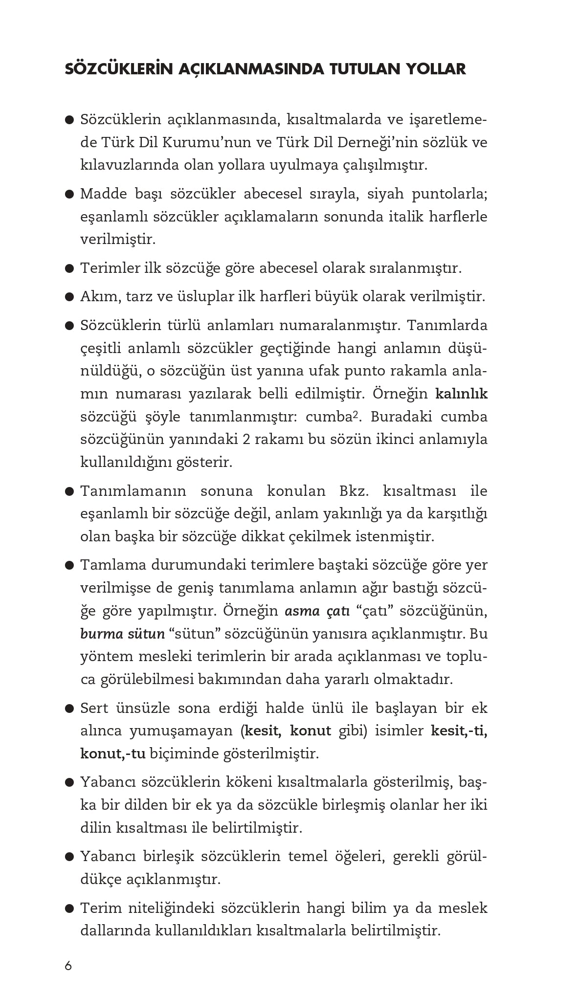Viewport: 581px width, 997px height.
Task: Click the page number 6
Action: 68,966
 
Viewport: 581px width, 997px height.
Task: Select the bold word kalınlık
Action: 461,394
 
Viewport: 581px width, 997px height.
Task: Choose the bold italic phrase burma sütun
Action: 122,634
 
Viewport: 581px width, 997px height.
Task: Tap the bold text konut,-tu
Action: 113,753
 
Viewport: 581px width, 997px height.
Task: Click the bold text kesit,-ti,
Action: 459,731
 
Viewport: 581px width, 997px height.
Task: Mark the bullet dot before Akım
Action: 69,297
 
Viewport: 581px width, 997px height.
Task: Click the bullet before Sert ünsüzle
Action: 69,709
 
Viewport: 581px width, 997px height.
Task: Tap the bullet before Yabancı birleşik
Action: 69,857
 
